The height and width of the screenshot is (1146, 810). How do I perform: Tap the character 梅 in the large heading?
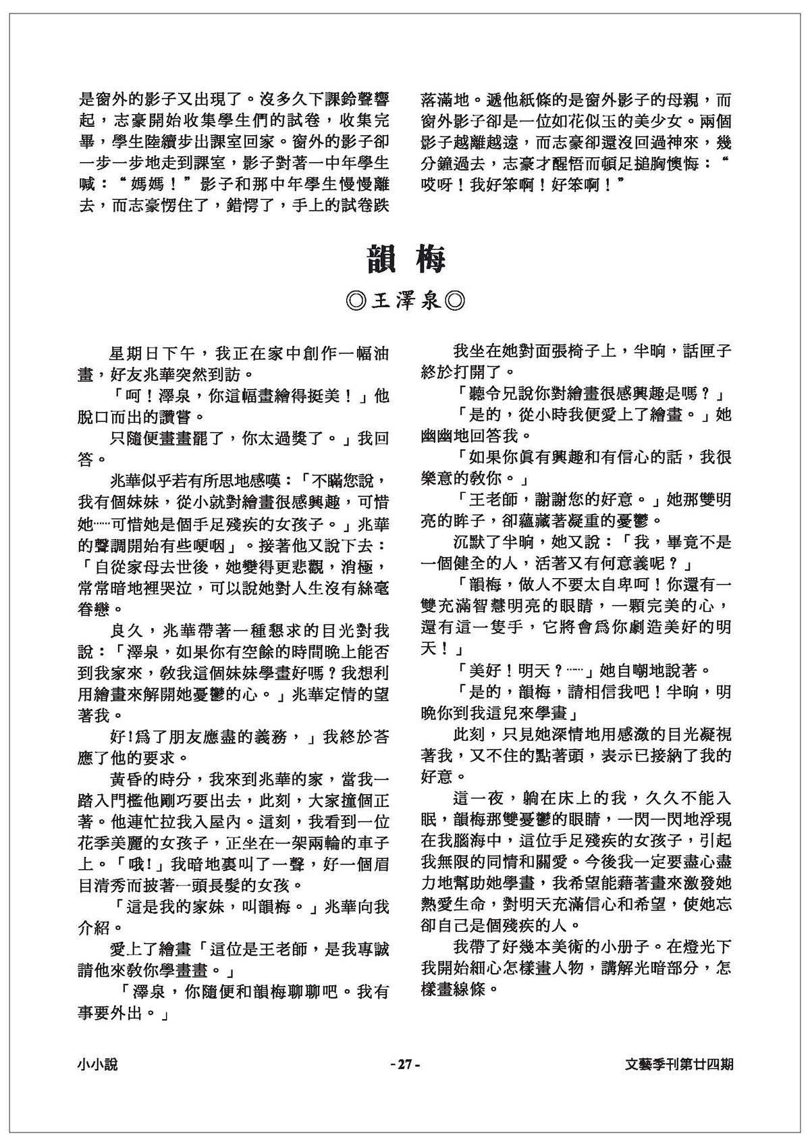[x=431, y=259]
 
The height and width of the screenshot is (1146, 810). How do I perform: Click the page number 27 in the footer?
[x=405, y=1064]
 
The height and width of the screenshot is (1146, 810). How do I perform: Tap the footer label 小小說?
[x=97, y=1064]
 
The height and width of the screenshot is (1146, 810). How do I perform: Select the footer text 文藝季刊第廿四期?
[x=680, y=1064]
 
